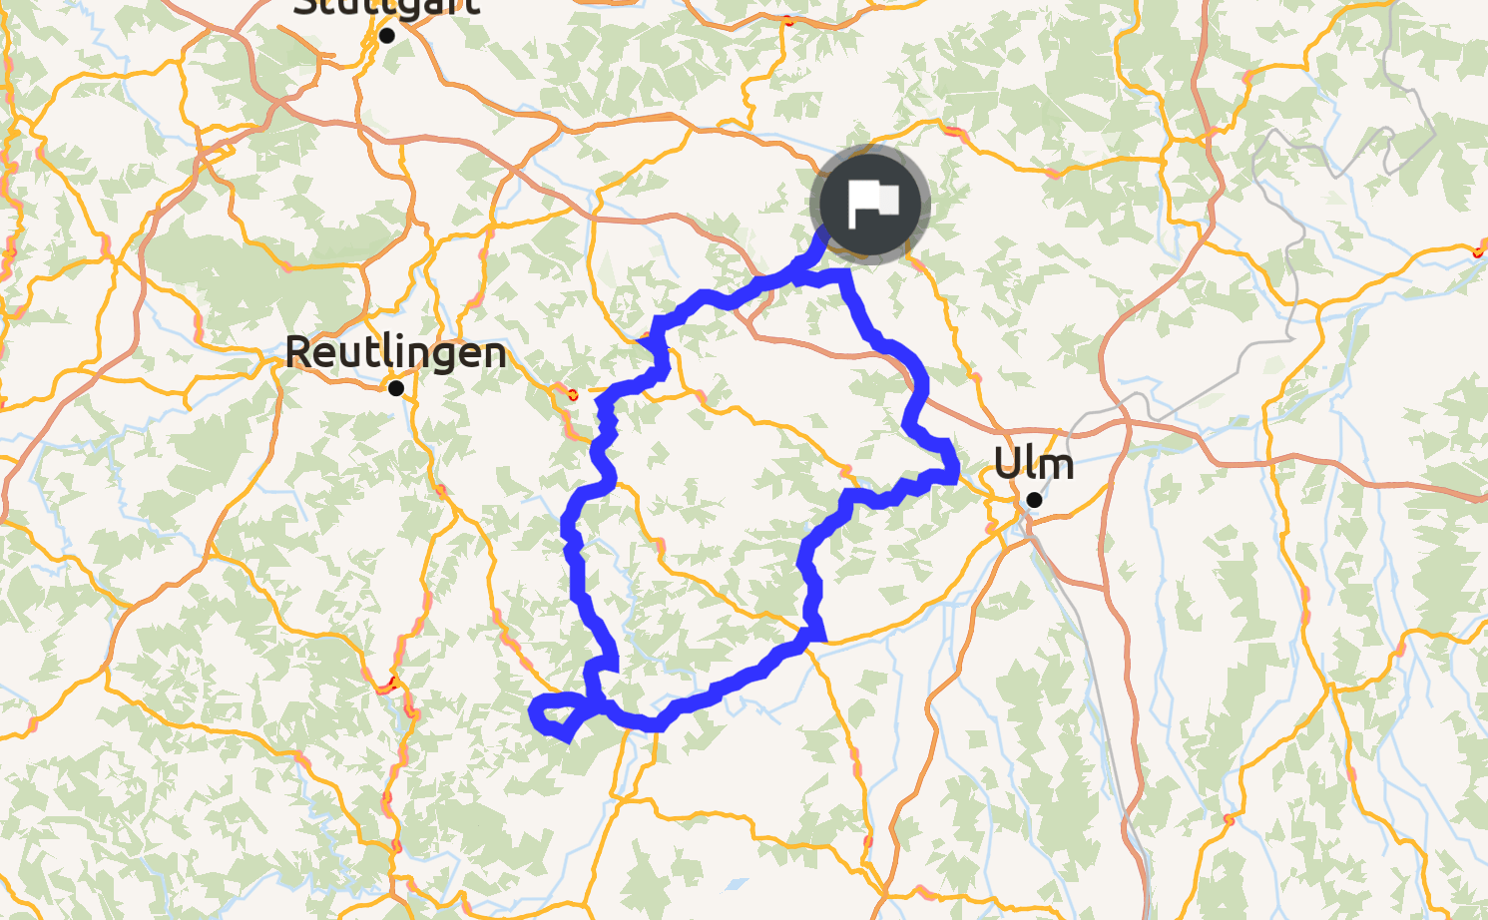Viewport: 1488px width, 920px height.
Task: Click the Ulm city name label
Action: click(x=1034, y=464)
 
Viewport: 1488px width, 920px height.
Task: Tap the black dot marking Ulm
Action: click(x=1034, y=499)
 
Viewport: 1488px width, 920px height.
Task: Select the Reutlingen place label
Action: click(x=395, y=352)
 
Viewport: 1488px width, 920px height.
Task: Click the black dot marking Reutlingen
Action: click(x=396, y=388)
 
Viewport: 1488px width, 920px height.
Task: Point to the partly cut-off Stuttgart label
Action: click(x=387, y=8)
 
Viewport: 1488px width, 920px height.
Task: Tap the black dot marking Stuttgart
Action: click(x=387, y=36)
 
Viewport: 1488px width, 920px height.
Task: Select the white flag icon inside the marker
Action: click(x=872, y=204)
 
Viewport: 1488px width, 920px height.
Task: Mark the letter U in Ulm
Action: click(x=1007, y=464)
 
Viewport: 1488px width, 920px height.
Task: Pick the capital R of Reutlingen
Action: click(x=298, y=352)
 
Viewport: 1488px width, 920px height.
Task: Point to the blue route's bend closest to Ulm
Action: click(x=954, y=467)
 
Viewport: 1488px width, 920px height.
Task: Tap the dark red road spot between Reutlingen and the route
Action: click(x=572, y=394)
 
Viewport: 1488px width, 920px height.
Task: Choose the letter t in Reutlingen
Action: click(x=356, y=352)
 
